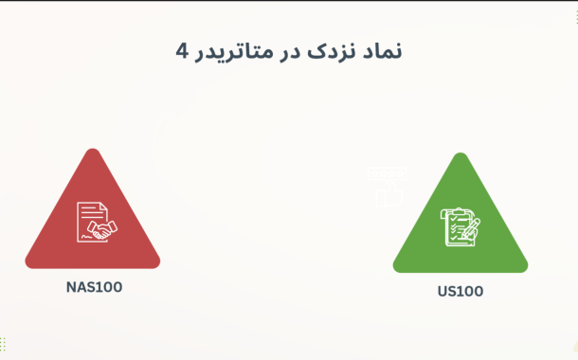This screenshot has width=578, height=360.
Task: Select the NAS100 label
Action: pos(94,286)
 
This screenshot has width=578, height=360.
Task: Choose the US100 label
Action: pos(461,291)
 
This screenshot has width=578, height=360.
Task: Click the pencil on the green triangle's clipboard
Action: pos(471,226)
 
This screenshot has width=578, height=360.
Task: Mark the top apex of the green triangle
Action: pos(461,155)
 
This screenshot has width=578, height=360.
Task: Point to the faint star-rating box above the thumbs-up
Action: pos(386,175)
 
